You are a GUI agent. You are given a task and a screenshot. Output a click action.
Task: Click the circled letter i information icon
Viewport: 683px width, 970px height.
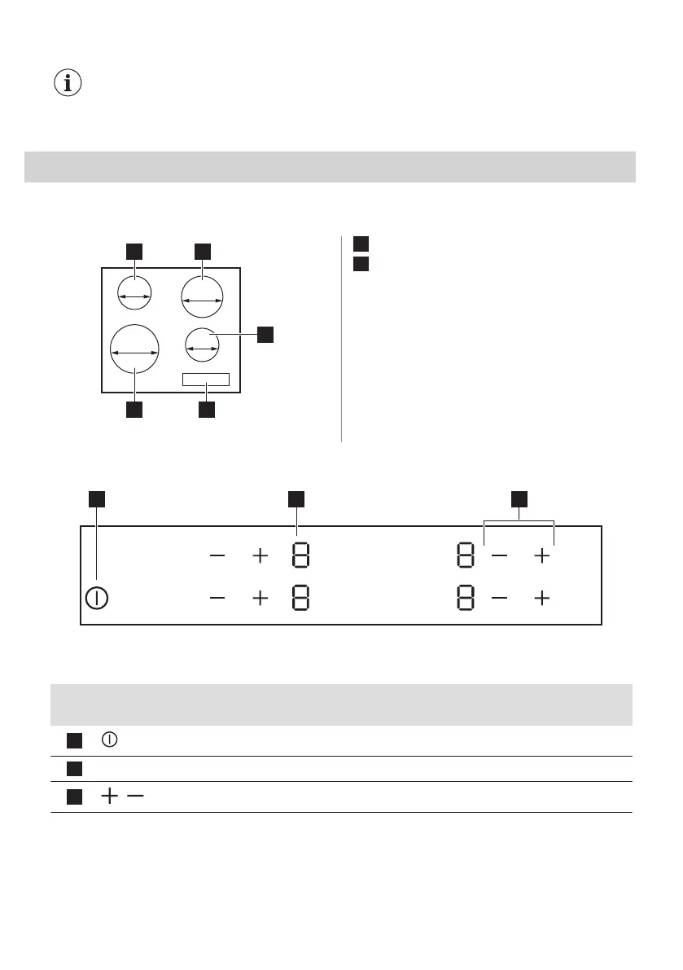click(68, 84)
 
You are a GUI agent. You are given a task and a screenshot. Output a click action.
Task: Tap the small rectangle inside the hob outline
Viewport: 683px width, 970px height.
click(206, 380)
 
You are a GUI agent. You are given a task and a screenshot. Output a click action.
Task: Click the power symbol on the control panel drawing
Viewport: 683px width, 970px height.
click(97, 597)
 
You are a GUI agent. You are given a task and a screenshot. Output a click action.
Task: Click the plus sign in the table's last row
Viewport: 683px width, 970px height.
click(107, 797)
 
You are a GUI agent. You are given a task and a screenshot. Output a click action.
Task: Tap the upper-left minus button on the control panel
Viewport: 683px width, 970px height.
click(217, 557)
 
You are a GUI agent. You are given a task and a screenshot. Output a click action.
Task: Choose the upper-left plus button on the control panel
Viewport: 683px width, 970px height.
click(260, 557)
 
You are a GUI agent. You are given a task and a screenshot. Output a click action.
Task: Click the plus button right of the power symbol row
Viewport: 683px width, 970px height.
click(260, 598)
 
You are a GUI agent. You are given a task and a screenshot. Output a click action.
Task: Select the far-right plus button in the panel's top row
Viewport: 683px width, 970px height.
click(541, 557)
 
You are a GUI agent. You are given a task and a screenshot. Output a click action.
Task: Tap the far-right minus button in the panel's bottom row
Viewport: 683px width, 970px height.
click(500, 598)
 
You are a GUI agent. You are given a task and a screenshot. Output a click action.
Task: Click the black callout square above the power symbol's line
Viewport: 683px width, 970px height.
click(97, 498)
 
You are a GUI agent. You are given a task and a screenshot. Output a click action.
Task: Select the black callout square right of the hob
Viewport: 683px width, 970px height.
click(265, 334)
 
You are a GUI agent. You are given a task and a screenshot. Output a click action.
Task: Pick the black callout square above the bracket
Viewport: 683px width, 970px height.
click(519, 498)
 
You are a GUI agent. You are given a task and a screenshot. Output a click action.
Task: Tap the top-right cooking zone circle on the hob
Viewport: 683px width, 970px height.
click(203, 296)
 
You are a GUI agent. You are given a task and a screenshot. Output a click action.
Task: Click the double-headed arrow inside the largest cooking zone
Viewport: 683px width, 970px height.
click(134, 353)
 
